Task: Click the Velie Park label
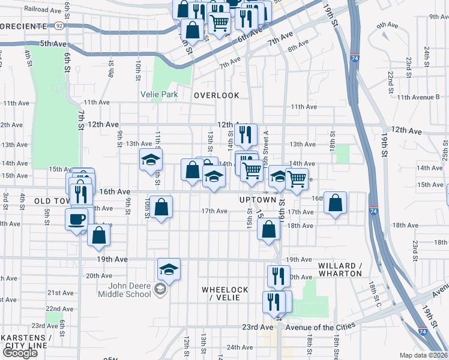click(x=159, y=94)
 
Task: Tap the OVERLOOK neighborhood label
click(x=217, y=95)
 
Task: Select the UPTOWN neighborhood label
click(x=258, y=200)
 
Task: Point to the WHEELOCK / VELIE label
click(x=225, y=294)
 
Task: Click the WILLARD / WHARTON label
click(x=340, y=269)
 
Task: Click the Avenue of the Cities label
click(x=320, y=326)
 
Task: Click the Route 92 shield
click(x=58, y=26)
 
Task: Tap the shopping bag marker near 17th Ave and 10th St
click(x=161, y=208)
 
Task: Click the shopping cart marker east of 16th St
click(x=297, y=178)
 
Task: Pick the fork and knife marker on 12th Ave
click(x=246, y=136)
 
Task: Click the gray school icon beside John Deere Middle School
click(x=160, y=290)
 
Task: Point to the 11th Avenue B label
click(x=421, y=97)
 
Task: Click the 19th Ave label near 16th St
click(x=299, y=259)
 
